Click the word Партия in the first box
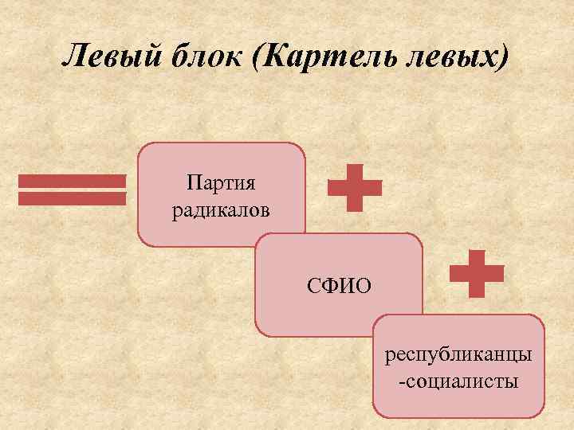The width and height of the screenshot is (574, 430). tap(221, 185)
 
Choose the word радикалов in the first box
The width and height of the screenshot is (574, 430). tap(221, 212)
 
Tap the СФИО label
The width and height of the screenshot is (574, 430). tap(339, 285)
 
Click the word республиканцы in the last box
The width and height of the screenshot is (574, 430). tap(458, 354)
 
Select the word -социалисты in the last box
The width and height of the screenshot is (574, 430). tap(458, 381)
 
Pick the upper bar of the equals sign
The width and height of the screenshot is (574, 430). tap(72, 182)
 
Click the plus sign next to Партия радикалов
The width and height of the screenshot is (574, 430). tap(355, 188)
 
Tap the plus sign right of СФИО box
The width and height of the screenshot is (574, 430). tap(477, 274)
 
